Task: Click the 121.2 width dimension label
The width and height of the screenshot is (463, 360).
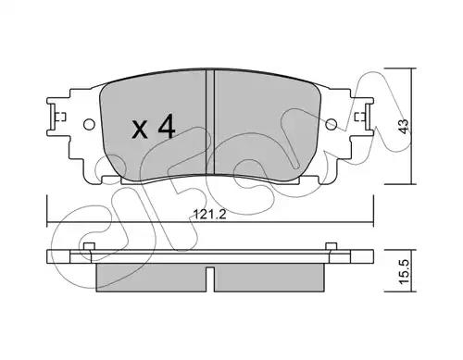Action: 210,214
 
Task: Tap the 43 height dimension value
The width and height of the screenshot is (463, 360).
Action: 405,126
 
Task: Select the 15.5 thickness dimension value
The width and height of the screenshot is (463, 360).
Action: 405,271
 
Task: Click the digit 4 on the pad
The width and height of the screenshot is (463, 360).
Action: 167,126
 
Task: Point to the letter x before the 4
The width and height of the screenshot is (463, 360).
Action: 140,130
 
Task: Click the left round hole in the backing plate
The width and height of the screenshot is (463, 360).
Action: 89,124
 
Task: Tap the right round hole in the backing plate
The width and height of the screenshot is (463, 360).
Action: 332,124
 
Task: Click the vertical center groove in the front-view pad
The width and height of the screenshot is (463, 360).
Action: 210,122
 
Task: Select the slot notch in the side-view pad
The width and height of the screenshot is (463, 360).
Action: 210,279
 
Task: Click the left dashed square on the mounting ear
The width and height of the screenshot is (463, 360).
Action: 62,117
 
